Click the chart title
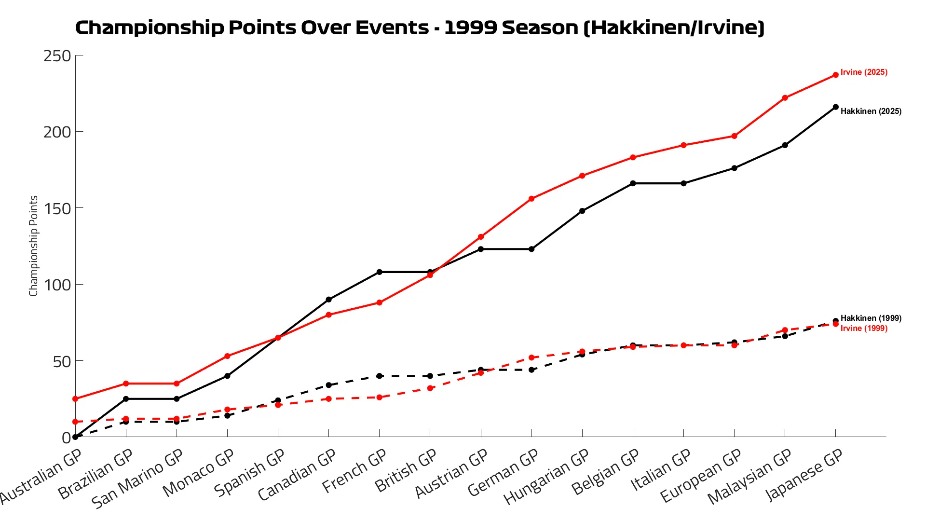(420, 27)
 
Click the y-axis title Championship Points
(33, 246)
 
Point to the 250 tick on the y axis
(57, 56)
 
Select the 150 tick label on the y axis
(57, 208)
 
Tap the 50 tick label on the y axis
(62, 361)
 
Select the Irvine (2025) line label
(864, 72)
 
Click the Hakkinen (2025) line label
(871, 111)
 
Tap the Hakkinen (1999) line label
(871, 318)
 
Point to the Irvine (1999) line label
(864, 329)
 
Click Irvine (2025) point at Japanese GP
(835, 75)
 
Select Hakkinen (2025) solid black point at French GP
(380, 272)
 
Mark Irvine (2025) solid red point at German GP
(531, 199)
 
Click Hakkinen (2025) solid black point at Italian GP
(683, 183)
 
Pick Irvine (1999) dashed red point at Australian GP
(75, 422)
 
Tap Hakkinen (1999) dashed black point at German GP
(531, 370)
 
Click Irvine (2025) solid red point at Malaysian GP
(785, 98)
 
